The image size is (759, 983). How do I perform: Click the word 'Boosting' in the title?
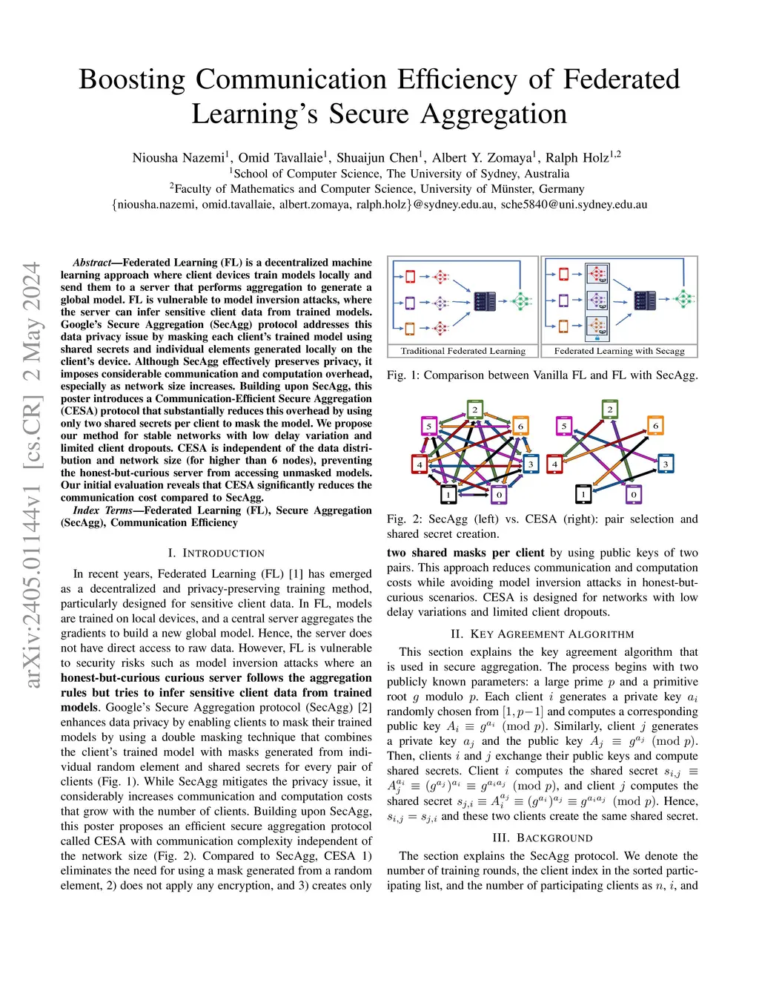point(132,79)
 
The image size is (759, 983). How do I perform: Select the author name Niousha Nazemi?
point(178,157)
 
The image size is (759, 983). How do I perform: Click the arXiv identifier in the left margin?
point(32,475)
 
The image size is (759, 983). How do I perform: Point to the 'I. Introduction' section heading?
point(216,553)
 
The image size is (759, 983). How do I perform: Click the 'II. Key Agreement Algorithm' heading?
point(542,634)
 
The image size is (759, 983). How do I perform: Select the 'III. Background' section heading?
point(542,838)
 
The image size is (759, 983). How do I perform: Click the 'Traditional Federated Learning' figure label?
point(463,351)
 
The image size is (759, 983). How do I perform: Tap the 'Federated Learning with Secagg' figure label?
point(619,351)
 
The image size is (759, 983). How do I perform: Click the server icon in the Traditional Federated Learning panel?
point(485,301)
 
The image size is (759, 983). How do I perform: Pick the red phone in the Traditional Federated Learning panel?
point(410,277)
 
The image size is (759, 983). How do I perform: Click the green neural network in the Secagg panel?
point(684,300)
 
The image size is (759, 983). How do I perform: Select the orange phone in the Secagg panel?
point(563,326)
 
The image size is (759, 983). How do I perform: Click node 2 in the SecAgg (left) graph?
point(474,409)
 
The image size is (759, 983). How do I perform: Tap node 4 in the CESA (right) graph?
point(554,464)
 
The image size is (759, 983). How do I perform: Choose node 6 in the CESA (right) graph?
point(655,426)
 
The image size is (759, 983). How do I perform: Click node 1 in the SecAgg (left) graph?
point(448,494)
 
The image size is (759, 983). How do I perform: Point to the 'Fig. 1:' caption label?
point(402,375)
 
